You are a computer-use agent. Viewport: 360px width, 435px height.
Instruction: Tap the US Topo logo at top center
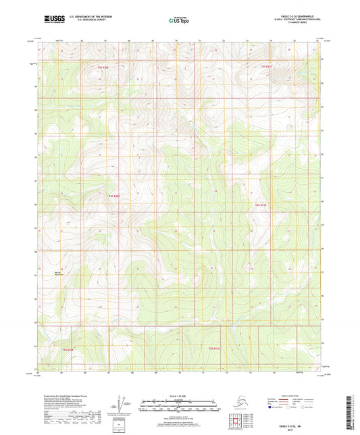click(x=180, y=20)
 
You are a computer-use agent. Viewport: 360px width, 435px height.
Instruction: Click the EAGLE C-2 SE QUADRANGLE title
click(x=301, y=15)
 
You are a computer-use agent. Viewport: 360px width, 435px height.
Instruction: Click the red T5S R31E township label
click(x=215, y=349)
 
